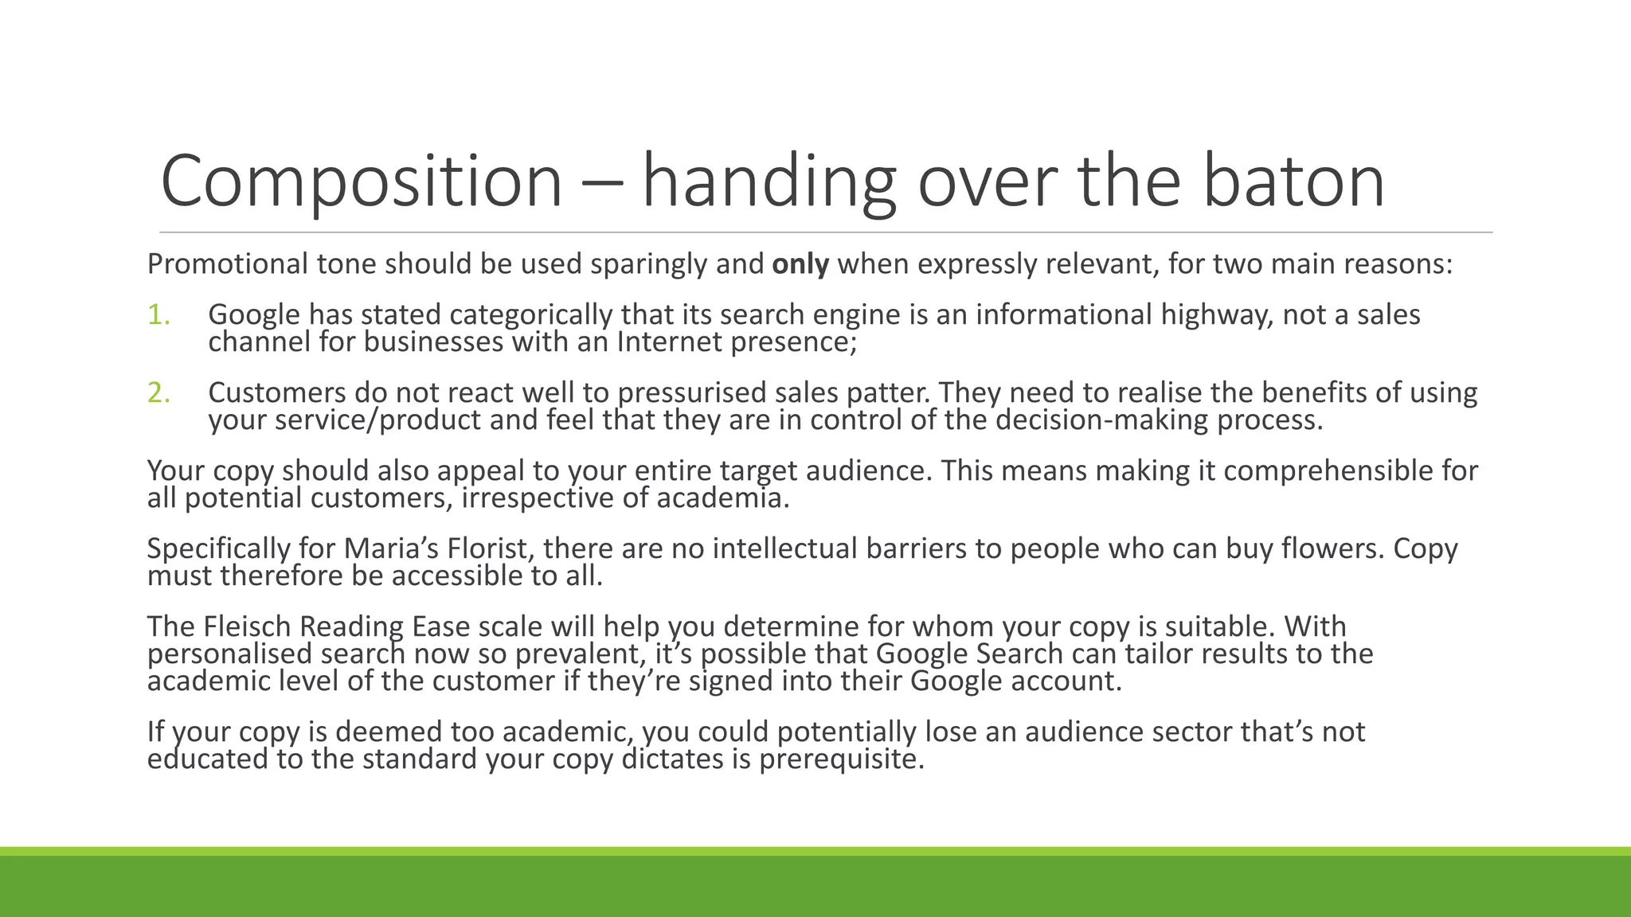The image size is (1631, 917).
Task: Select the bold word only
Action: click(800, 264)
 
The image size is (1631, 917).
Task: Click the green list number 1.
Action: click(158, 315)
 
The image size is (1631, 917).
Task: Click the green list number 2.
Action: click(158, 393)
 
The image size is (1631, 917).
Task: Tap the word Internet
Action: click(669, 342)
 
